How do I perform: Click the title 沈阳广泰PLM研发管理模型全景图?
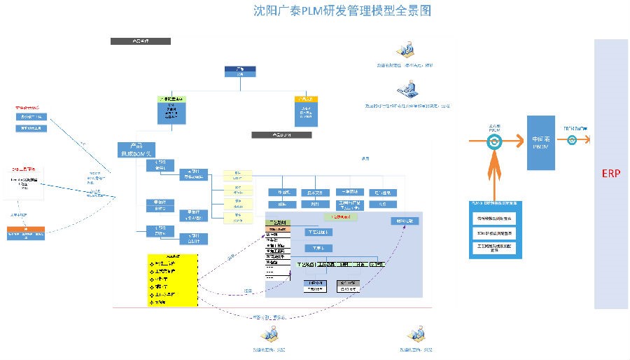341,11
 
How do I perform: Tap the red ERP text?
611,173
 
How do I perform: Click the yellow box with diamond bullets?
173,279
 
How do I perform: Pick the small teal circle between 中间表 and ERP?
572,140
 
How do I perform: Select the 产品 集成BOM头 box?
136,149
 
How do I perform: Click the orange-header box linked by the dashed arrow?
27,233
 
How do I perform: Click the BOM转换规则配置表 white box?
495,232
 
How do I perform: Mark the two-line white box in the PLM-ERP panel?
495,247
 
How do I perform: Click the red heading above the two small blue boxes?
28,108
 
